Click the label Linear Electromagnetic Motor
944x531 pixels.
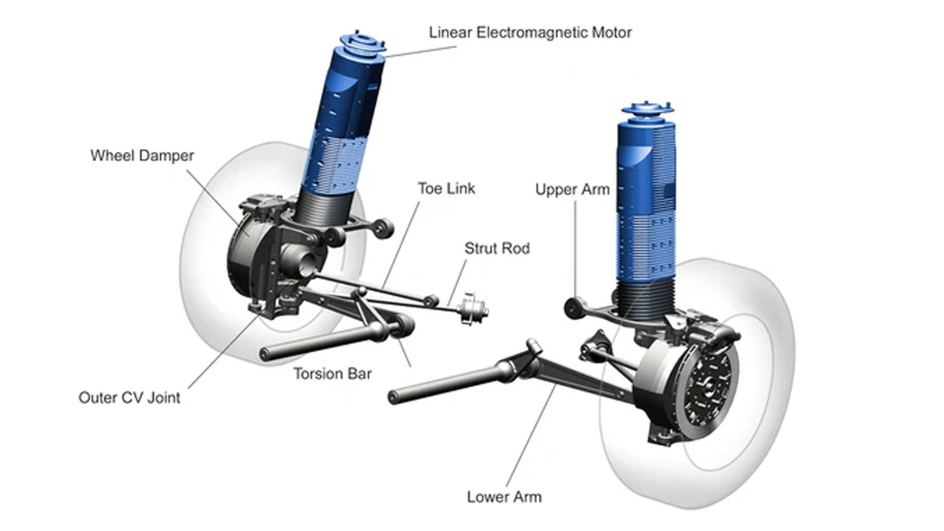[530, 33]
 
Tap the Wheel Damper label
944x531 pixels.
[142, 156]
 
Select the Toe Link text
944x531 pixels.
[446, 188]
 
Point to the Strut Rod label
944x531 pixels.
[497, 249]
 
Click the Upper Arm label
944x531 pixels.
[572, 190]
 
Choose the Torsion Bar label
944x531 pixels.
[332, 374]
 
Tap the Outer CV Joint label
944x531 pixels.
[129, 398]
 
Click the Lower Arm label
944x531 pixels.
[504, 497]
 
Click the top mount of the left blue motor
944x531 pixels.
[362, 43]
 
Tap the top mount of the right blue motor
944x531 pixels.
[648, 111]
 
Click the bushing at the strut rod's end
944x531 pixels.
[472, 310]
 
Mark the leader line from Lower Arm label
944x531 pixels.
[529, 439]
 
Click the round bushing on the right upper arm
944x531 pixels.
[572, 308]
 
